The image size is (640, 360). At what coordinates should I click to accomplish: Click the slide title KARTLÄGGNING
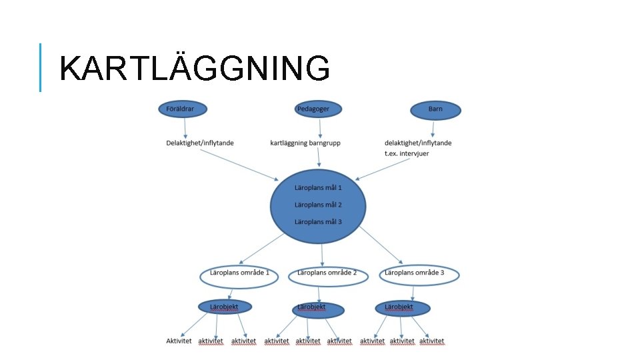(x=194, y=68)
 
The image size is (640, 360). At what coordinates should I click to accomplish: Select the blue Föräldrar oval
(x=182, y=109)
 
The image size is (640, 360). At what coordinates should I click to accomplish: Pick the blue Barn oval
(x=435, y=110)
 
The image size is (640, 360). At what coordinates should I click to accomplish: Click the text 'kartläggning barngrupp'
(x=305, y=143)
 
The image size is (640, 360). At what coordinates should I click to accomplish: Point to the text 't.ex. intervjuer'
(x=407, y=153)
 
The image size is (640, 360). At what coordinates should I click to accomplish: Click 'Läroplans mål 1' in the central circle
(x=318, y=188)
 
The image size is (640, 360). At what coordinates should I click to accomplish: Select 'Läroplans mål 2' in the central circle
(x=318, y=205)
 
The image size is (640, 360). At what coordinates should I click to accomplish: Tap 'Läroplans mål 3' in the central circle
(x=318, y=221)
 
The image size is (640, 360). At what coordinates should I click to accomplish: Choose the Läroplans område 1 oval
(x=239, y=275)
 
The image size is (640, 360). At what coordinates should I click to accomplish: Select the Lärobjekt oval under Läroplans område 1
(x=227, y=307)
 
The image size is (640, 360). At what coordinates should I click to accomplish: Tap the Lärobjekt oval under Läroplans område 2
(x=318, y=309)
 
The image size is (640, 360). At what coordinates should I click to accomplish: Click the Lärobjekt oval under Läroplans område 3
(x=402, y=308)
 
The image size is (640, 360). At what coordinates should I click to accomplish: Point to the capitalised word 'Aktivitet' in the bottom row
(x=179, y=341)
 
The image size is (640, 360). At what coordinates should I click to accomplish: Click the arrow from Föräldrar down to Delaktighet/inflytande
(x=185, y=127)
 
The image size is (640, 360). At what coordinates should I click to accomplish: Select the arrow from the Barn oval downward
(x=433, y=128)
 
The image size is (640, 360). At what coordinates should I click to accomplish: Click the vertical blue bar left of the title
(x=40, y=67)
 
